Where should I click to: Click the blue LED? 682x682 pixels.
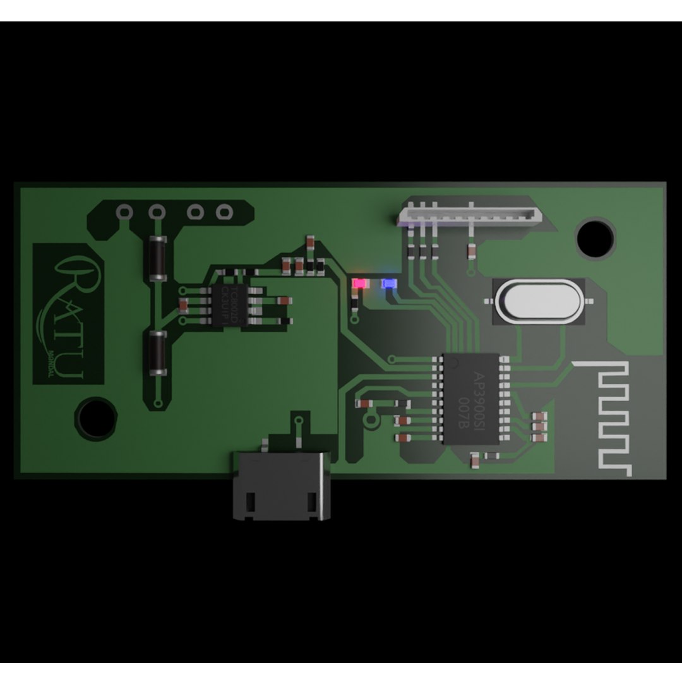[388, 284]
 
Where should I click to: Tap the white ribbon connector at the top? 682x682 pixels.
[470, 213]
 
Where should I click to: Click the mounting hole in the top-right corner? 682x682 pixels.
[595, 237]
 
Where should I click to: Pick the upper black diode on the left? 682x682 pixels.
[156, 258]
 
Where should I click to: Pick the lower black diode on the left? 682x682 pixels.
[156, 353]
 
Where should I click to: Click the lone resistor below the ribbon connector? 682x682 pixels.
[471, 253]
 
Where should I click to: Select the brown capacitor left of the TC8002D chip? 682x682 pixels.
[184, 306]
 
